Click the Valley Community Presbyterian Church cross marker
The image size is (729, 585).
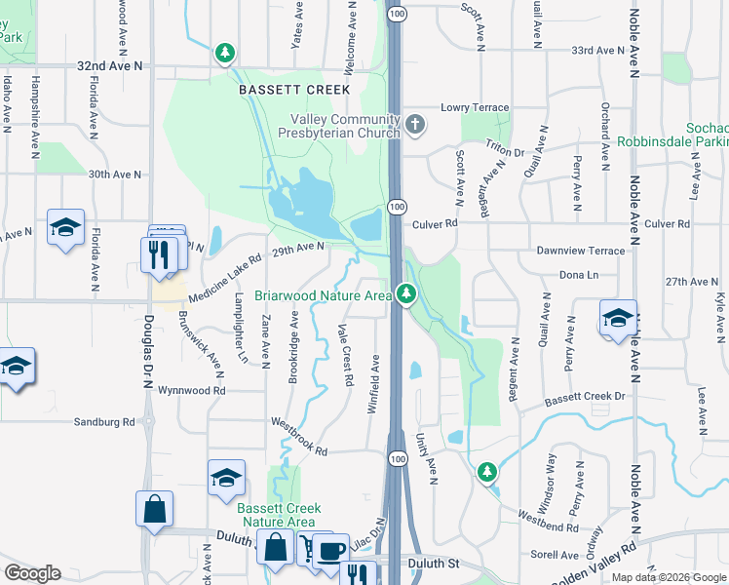click(416, 124)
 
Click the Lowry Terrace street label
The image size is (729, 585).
click(475, 108)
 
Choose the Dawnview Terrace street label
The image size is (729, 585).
click(580, 251)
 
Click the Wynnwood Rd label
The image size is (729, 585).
click(193, 390)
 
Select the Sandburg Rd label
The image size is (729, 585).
click(104, 422)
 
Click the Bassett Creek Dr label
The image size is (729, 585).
click(584, 397)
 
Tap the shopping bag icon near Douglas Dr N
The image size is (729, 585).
click(155, 509)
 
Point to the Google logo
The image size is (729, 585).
click(33, 573)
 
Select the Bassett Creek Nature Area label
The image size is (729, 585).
click(279, 515)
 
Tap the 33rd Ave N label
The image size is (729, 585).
click(597, 50)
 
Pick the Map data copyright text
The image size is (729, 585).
click(669, 577)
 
